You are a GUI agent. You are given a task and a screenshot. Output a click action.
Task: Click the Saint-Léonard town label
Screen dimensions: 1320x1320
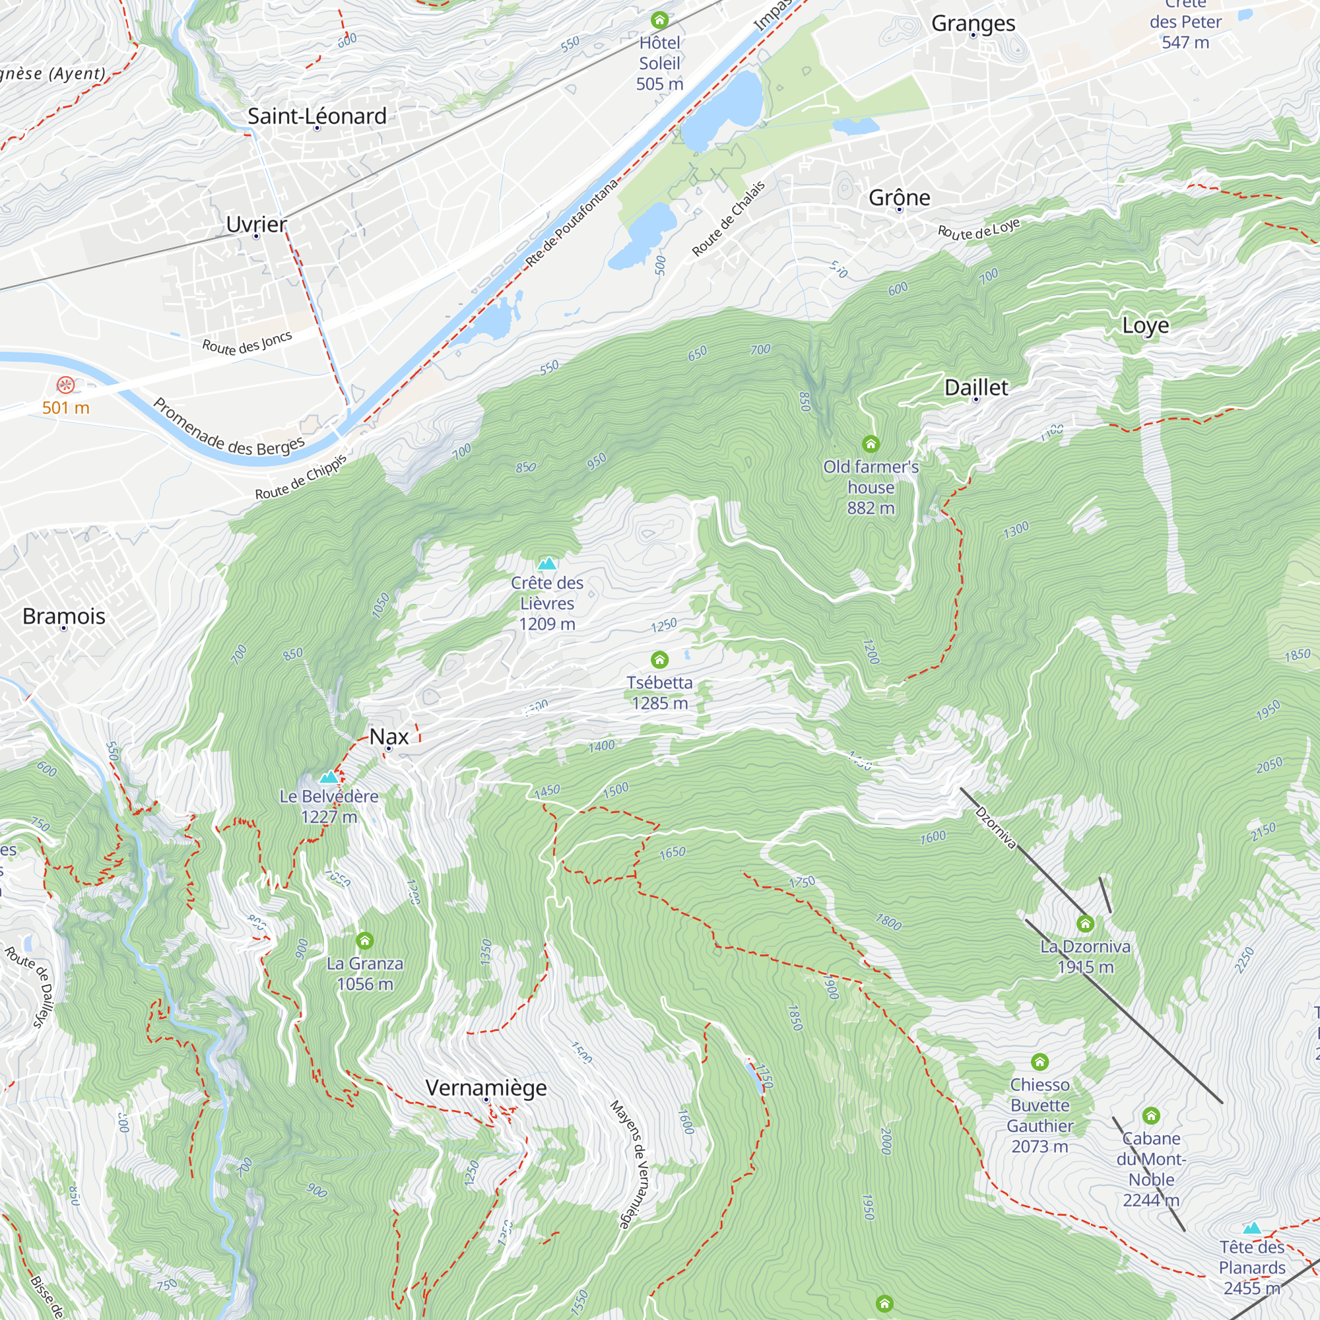point(317,116)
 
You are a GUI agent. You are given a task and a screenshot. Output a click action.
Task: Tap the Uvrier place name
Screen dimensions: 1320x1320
point(256,224)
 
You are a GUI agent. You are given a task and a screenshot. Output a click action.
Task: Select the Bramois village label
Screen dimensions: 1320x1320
point(63,616)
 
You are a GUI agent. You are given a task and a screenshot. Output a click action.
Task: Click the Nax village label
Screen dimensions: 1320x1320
point(389,737)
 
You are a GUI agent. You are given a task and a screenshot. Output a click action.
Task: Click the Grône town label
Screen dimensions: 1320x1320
point(899,198)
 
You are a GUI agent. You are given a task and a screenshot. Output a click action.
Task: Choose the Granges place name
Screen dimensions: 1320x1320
point(973,24)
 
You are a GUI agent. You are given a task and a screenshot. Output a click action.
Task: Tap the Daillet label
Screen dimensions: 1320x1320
point(975,388)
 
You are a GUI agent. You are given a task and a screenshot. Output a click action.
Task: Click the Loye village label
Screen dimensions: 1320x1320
point(1145,326)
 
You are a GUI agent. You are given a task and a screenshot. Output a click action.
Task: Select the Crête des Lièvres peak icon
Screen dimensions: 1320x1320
point(546,564)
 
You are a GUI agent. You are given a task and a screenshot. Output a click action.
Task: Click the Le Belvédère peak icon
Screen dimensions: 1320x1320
point(329,777)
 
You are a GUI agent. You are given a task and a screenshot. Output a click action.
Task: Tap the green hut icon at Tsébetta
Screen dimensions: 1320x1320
point(659,659)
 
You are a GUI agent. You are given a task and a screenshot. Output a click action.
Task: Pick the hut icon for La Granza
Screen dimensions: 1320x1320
point(365,940)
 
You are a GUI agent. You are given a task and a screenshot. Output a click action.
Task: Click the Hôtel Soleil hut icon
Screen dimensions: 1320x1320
point(659,20)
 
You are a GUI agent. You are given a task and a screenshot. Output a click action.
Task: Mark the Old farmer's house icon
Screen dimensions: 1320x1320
point(871,444)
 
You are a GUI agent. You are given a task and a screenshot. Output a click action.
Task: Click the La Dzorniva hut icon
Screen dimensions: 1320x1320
point(1085,925)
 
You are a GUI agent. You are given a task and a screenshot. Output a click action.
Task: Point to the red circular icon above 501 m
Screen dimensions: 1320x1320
point(65,385)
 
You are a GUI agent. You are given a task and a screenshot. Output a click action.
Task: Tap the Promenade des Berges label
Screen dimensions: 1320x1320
point(228,428)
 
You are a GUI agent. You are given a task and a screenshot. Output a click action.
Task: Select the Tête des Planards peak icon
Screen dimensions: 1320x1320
point(1251,1228)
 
